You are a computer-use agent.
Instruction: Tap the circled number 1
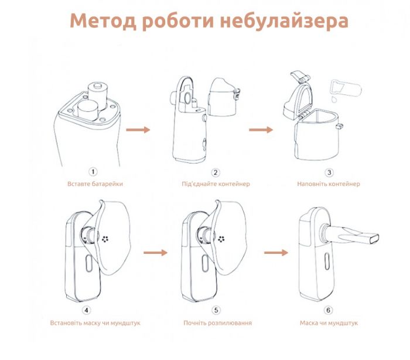pyautogui.click(x=93, y=172)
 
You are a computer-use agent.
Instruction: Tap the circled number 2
pyautogui.click(x=216, y=172)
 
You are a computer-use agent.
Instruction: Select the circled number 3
pyautogui.click(x=329, y=172)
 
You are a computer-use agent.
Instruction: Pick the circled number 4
pyautogui.click(x=87, y=310)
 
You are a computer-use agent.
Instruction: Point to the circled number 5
pyautogui.click(x=216, y=310)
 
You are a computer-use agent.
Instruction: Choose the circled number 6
pyautogui.click(x=329, y=310)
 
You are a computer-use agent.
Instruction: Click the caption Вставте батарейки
pyautogui.click(x=94, y=184)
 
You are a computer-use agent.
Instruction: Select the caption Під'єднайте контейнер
pyautogui.click(x=216, y=184)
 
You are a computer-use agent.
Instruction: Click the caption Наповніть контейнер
pyautogui.click(x=329, y=184)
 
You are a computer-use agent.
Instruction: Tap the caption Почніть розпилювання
pyautogui.click(x=217, y=323)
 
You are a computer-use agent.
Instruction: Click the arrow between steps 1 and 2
pyautogui.click(x=138, y=129)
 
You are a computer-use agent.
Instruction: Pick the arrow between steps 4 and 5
pyautogui.click(x=156, y=252)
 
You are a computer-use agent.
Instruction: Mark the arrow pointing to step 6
pyautogui.click(x=276, y=252)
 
